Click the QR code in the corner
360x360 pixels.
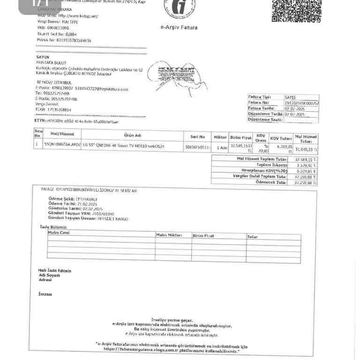click(x=296, y=10)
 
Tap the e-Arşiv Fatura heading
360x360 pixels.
click(x=179, y=27)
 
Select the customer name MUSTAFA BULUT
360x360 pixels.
click(x=51, y=62)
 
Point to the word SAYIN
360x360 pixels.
click(x=43, y=57)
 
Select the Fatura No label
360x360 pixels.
click(x=259, y=102)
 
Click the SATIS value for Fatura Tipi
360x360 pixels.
click(x=290, y=97)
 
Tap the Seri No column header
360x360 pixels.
click(x=197, y=137)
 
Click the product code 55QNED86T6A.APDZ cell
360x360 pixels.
click(x=62, y=145)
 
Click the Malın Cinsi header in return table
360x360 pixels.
click(x=59, y=232)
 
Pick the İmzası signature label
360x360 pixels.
click(x=45, y=294)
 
